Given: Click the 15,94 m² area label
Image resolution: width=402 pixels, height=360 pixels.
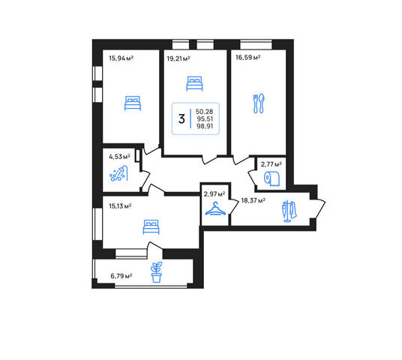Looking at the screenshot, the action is pyautogui.click(x=121, y=58).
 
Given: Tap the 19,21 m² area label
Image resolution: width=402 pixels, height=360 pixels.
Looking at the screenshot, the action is pyautogui.click(x=178, y=58).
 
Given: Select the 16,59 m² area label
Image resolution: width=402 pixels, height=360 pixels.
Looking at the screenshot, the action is pyautogui.click(x=248, y=58).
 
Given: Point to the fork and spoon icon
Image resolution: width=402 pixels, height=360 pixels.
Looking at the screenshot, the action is pyautogui.click(x=259, y=103).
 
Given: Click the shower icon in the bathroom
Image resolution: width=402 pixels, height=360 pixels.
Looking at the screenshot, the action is pyautogui.click(x=118, y=173).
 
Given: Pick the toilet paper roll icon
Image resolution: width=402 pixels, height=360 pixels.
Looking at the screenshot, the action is pyautogui.click(x=272, y=178).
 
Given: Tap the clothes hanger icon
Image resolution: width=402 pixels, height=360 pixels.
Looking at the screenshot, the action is pyautogui.click(x=215, y=208).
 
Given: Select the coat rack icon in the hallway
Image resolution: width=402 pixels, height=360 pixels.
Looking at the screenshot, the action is pyautogui.click(x=289, y=211).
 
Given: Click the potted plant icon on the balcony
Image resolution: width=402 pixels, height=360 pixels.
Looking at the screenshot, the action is pyautogui.click(x=157, y=272).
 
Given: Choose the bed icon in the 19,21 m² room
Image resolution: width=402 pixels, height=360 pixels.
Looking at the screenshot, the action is pyautogui.click(x=194, y=83).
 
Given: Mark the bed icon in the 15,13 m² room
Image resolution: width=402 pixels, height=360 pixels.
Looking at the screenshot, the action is pyautogui.click(x=151, y=227).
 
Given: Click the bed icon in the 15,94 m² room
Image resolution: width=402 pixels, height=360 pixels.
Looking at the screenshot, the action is pyautogui.click(x=133, y=103).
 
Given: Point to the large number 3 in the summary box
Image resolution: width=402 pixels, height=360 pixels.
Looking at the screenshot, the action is pyautogui.click(x=181, y=119).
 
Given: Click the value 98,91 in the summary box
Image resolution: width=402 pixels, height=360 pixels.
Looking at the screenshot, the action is pyautogui.click(x=205, y=126).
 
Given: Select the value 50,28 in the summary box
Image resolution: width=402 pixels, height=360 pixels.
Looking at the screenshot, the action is pyautogui.click(x=204, y=112).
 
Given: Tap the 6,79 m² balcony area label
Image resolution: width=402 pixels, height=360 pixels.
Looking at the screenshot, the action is pyautogui.click(x=121, y=276).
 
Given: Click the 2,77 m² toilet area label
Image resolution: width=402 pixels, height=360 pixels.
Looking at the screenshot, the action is pyautogui.click(x=271, y=164).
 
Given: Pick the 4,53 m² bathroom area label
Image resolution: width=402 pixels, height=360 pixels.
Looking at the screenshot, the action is pyautogui.click(x=119, y=157).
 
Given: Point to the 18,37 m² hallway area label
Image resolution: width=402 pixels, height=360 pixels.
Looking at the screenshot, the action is pyautogui.click(x=253, y=200).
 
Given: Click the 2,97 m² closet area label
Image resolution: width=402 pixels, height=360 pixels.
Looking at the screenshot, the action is pyautogui.click(x=214, y=193).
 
